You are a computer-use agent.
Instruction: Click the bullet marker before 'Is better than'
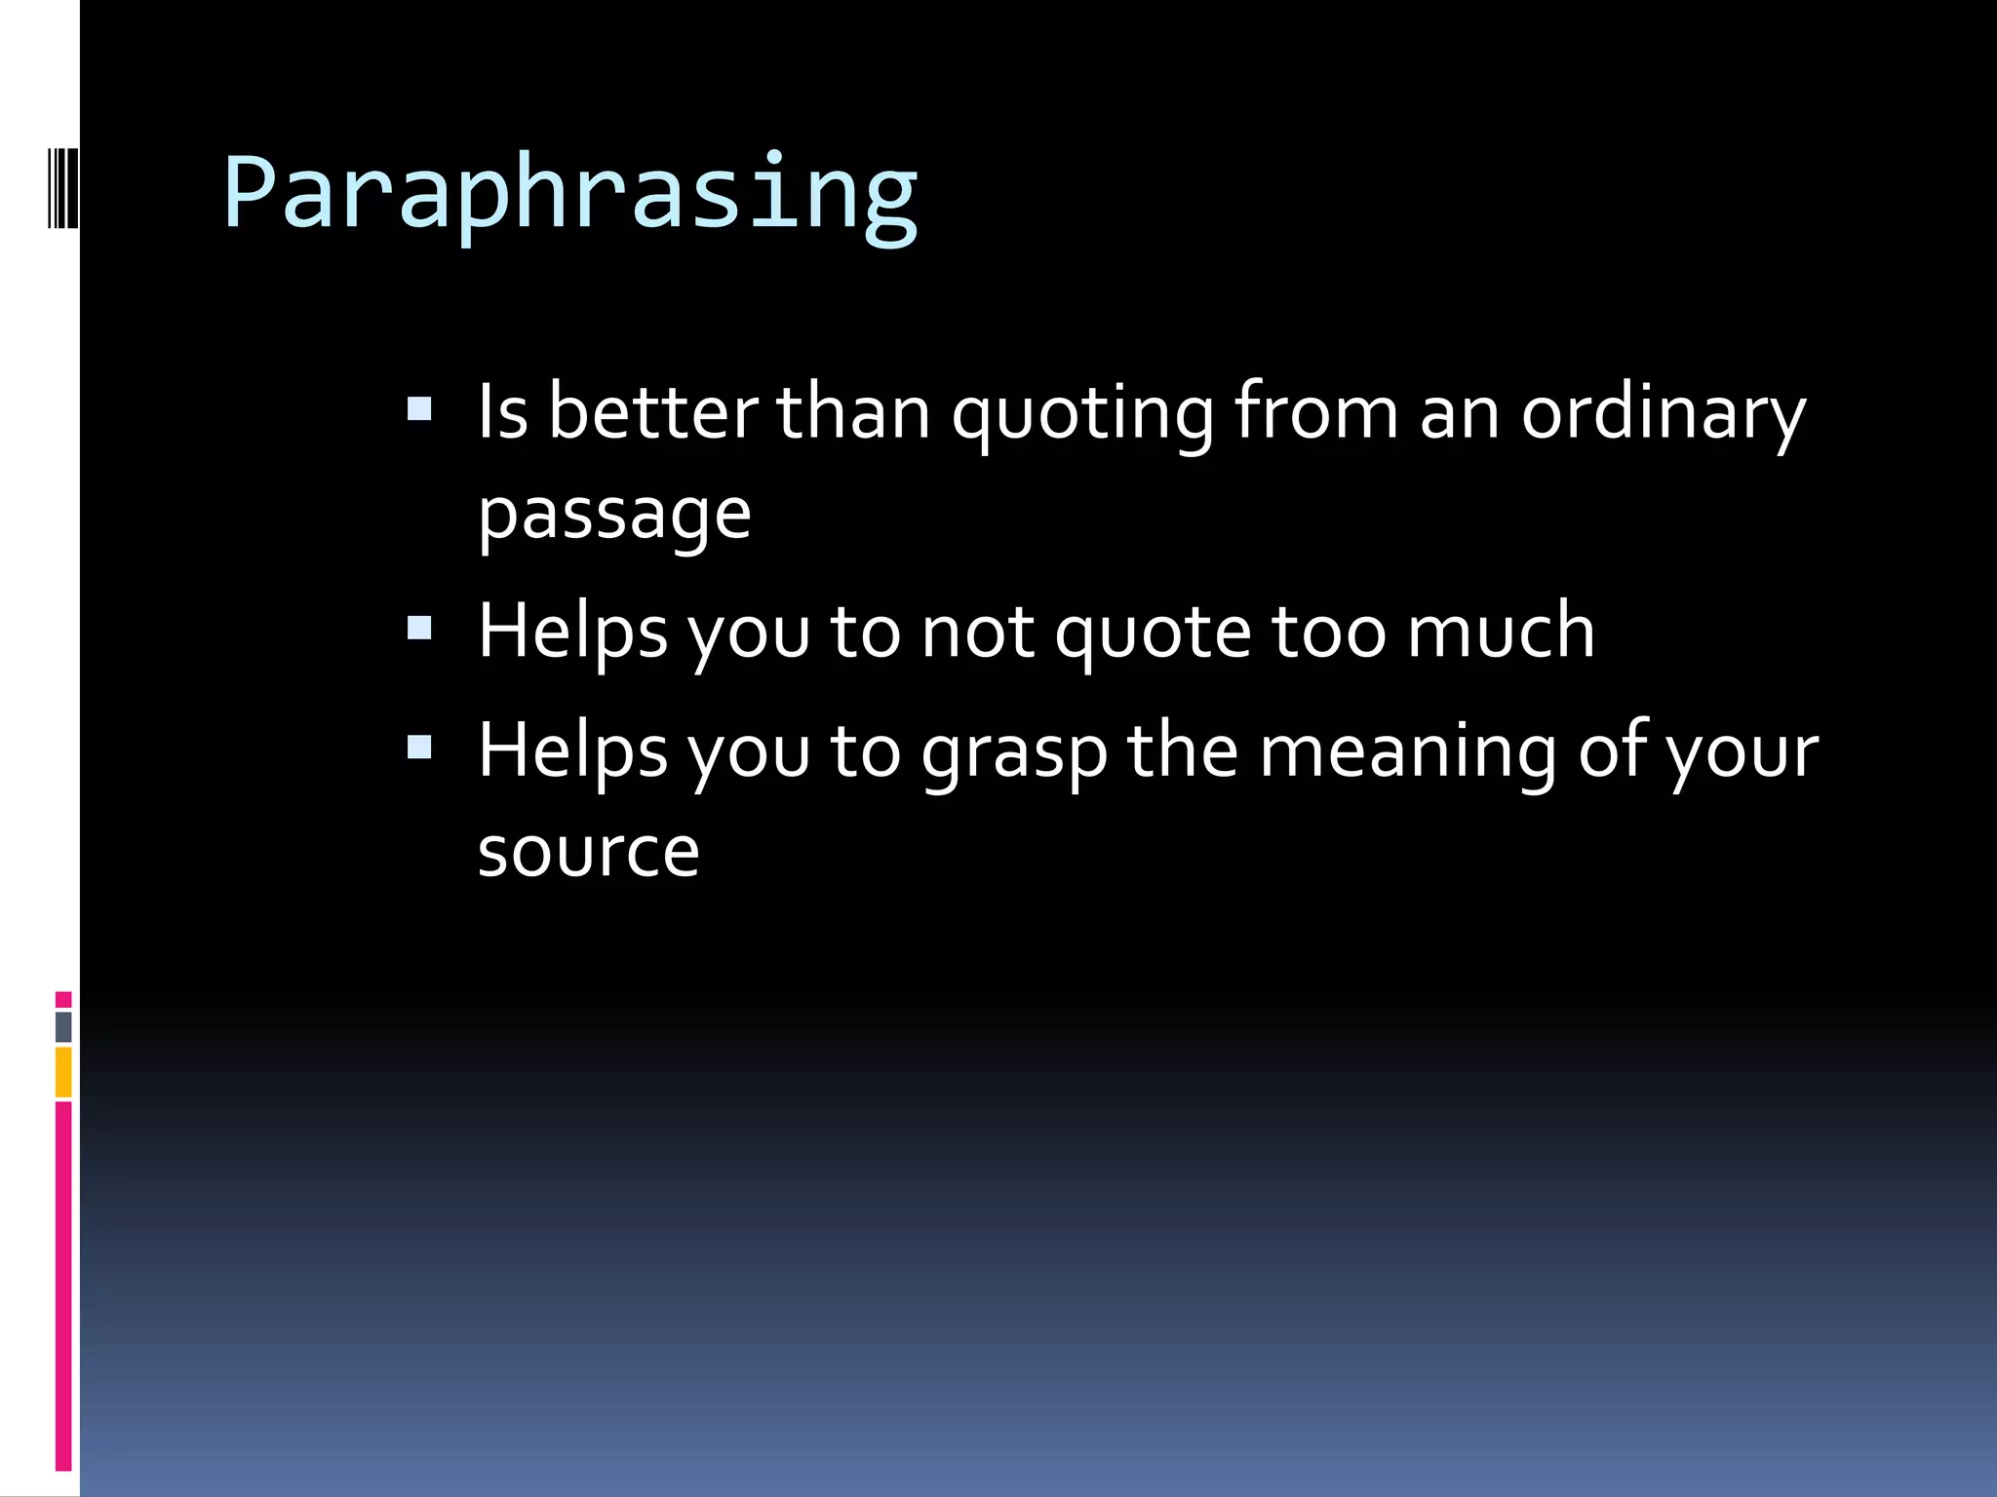click(x=419, y=409)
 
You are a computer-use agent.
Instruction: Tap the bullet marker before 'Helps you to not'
click(x=419, y=628)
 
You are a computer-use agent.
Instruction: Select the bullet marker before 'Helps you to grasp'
click(x=419, y=748)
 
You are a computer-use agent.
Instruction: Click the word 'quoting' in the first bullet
click(x=1082, y=413)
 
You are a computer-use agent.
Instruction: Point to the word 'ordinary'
click(x=1664, y=413)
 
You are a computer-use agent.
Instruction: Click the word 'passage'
click(x=614, y=515)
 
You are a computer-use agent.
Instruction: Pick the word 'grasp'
click(x=1015, y=753)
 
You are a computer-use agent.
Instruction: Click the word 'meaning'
click(x=1408, y=753)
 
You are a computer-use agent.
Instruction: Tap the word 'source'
click(x=588, y=852)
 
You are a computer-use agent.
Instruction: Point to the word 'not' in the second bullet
click(x=977, y=633)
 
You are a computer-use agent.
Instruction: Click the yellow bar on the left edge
click(x=63, y=1072)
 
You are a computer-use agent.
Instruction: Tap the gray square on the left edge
click(x=63, y=1026)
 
